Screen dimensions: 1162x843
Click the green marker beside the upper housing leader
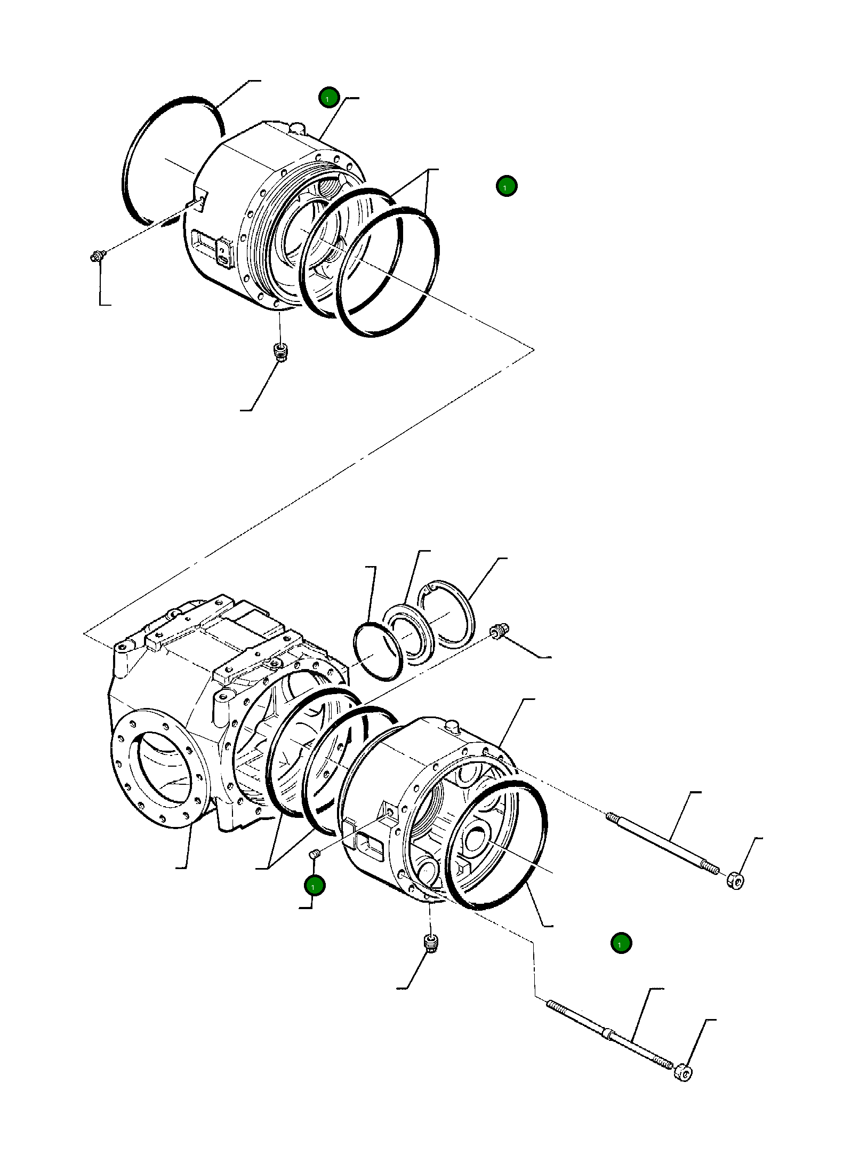coord(328,98)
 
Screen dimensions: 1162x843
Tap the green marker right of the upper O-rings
coord(506,186)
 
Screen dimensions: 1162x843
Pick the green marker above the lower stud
coord(621,943)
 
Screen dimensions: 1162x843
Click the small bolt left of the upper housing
coord(97,257)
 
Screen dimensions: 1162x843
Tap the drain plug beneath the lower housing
coord(431,943)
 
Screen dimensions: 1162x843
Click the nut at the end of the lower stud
coord(683,1071)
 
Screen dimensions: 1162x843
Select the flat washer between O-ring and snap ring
coord(408,634)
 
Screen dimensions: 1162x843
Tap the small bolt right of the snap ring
coord(499,631)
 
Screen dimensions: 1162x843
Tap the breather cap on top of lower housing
coord(452,726)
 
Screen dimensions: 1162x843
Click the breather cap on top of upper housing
coord(297,128)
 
